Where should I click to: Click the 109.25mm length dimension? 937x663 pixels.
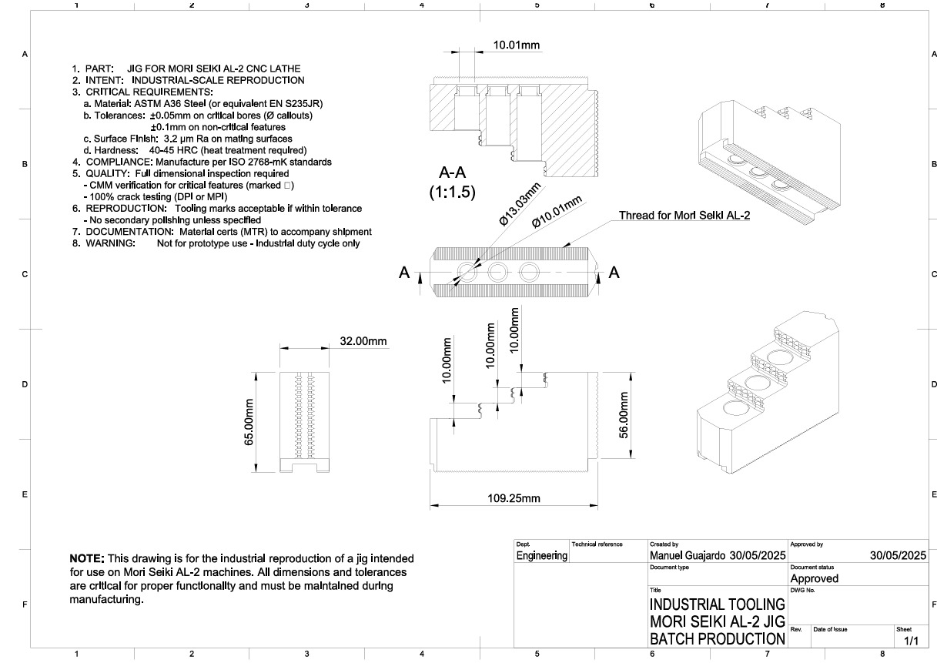(514, 498)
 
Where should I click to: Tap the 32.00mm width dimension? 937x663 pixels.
(363, 341)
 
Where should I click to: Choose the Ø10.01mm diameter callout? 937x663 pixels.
(559, 210)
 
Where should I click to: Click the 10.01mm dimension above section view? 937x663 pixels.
(517, 45)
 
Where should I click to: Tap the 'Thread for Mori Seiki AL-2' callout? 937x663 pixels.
(684, 216)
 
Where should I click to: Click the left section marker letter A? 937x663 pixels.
(404, 273)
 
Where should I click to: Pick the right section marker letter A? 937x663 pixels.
(614, 272)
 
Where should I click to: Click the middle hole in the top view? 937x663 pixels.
(497, 271)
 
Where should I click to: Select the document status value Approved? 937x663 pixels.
(814, 578)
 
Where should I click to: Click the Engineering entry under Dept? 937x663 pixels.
(541, 555)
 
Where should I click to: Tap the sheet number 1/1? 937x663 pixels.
(911, 640)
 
